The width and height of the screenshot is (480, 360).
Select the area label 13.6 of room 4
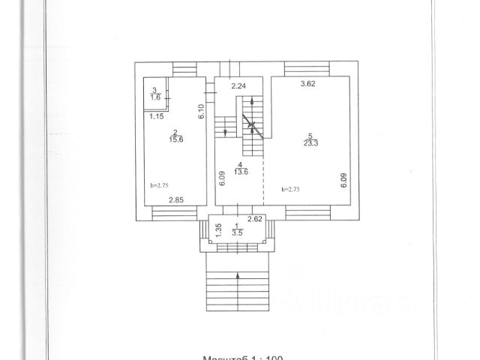coord(240,170)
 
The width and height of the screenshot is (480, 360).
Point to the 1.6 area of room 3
coord(154,96)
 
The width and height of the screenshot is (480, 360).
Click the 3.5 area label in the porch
coord(238,234)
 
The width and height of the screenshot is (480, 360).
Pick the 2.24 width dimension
coord(239,86)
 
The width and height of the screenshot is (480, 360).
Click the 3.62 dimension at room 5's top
coord(307,83)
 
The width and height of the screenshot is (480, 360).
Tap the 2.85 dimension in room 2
coord(175,199)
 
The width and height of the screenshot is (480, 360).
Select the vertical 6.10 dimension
coord(202,112)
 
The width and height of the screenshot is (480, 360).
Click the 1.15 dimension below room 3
coord(156,116)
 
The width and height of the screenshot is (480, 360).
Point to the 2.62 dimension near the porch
coord(254,219)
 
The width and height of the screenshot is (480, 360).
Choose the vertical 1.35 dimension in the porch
coord(218,230)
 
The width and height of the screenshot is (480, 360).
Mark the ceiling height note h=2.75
coord(158,184)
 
